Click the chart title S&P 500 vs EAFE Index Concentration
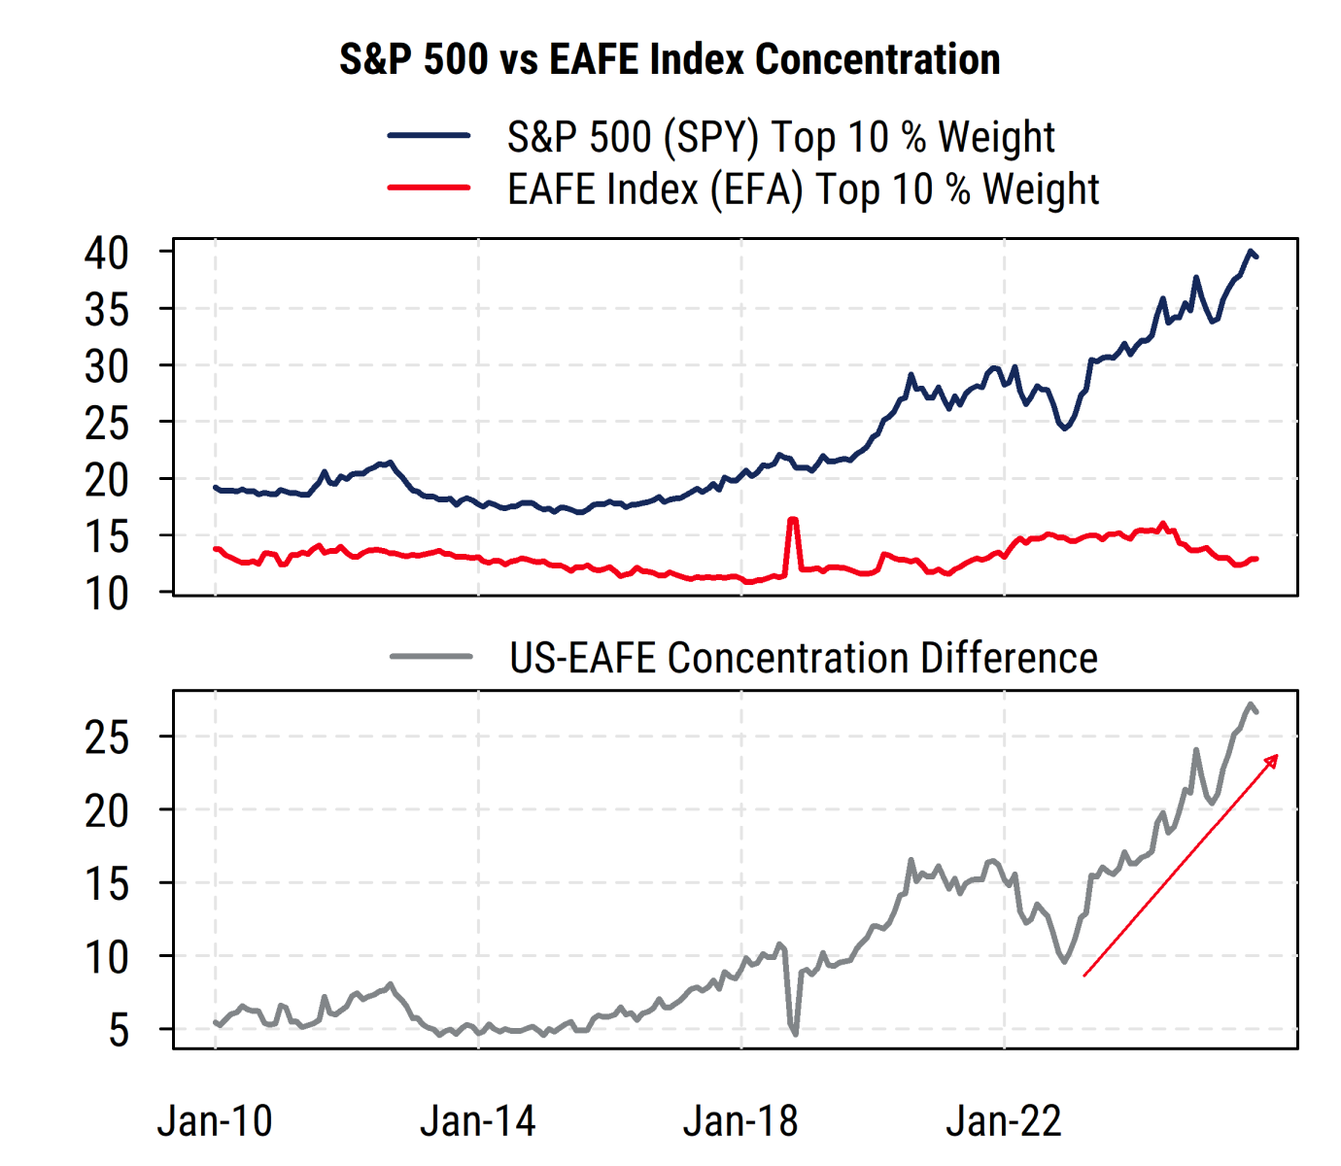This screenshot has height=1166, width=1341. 670,59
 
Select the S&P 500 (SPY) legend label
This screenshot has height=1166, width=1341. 780,137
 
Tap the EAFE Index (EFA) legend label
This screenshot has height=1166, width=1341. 803,189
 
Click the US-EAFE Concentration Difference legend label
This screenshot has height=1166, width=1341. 804,658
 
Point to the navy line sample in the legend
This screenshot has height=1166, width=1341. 430,136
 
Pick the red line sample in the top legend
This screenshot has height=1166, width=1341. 430,188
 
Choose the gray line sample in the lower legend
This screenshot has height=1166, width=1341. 431,657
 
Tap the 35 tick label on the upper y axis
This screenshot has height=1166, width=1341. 106,310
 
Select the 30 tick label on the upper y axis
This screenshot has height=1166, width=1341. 106,366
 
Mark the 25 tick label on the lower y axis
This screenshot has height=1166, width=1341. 106,737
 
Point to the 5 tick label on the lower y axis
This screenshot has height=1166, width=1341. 118,1030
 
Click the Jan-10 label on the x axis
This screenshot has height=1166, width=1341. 215,1121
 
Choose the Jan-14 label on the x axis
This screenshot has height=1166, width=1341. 478,1121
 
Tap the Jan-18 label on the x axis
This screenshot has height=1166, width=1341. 740,1121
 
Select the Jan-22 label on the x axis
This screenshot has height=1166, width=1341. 1004,1121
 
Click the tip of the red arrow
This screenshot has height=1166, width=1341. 1277,756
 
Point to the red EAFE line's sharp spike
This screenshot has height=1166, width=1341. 793,520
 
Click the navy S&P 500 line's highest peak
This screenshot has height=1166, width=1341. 1251,251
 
